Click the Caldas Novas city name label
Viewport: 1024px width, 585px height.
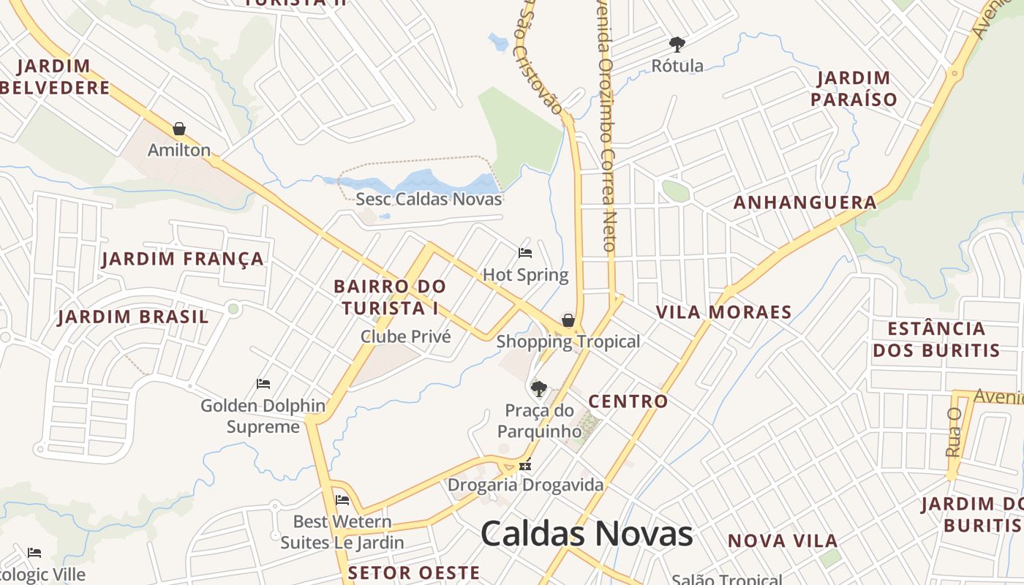587,533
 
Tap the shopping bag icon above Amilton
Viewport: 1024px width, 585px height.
179,129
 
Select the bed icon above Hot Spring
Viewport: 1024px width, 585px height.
525,253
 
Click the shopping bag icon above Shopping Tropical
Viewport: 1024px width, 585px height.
568,320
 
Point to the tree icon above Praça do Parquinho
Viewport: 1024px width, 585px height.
539,388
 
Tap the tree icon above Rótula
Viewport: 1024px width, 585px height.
677,45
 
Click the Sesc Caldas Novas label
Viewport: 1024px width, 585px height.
429,199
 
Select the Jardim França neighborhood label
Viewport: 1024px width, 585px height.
183,259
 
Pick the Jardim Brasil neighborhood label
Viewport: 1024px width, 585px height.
133,317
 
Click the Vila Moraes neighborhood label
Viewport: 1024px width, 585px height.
723,312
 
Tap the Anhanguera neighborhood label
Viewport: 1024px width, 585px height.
805,203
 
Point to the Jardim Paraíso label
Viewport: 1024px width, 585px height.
854,88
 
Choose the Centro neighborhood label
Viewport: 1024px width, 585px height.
628,401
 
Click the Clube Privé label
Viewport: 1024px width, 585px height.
406,336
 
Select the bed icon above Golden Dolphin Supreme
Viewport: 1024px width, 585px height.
263,384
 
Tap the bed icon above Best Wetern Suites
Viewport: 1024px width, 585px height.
342,501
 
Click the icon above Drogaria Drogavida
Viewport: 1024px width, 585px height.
524,464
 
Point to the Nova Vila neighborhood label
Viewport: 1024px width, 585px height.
783,541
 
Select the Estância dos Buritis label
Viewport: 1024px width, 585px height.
936,339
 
